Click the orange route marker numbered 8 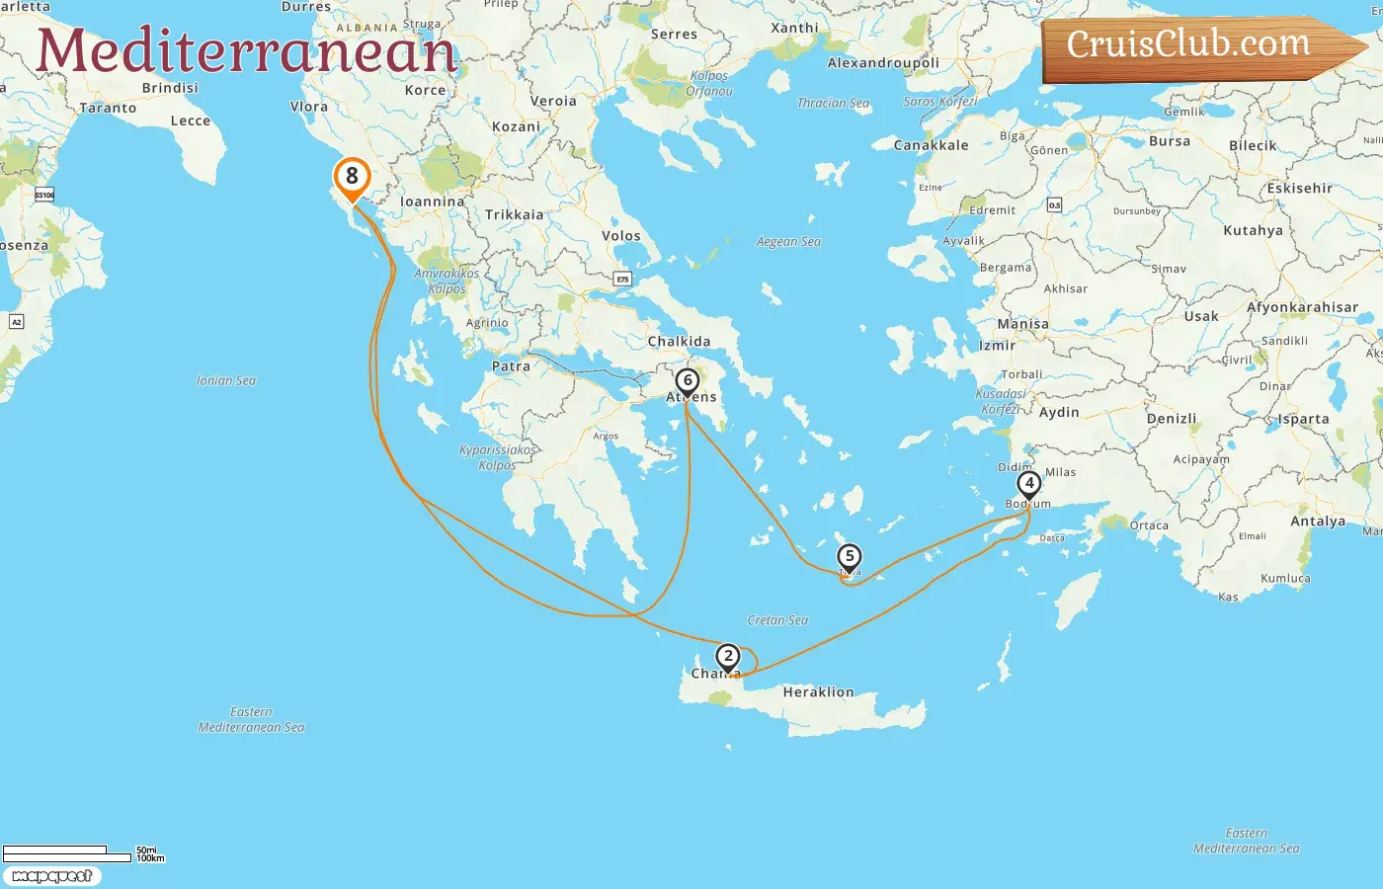point(352,178)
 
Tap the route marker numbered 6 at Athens point(688,381)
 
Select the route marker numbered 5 point(849,557)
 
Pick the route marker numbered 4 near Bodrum point(1029,484)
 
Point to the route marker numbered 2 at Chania point(728,657)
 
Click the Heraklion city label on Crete point(818,692)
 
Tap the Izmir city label point(997,346)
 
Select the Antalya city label point(1318,522)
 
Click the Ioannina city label point(432,202)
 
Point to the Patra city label point(511,366)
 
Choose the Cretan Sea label point(777,620)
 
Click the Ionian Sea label point(226,380)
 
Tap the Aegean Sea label point(788,242)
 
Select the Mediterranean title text point(246,51)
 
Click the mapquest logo point(51,876)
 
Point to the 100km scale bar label point(150,858)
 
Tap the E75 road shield point(622,280)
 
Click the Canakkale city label point(931,145)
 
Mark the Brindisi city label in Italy point(170,88)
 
